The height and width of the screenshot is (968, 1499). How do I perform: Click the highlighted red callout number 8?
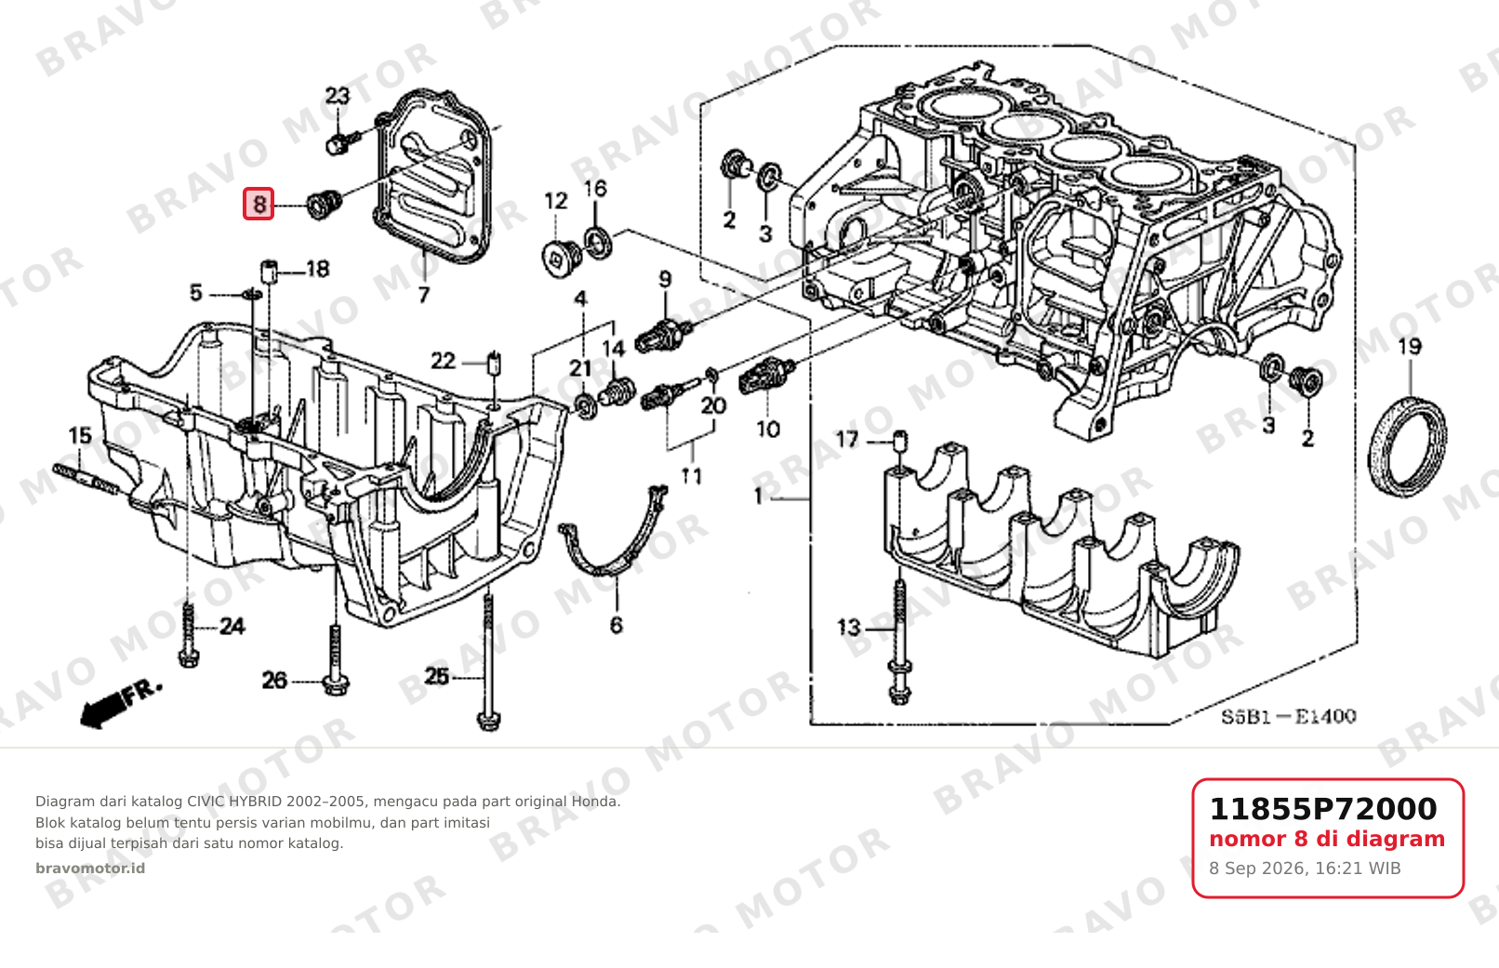[259, 204]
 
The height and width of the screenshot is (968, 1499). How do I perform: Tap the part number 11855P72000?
[1323, 809]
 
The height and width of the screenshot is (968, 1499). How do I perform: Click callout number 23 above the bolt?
[338, 97]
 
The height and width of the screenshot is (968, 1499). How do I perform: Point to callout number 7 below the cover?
[424, 295]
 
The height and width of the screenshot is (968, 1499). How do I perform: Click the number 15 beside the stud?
[80, 436]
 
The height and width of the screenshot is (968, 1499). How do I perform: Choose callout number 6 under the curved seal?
[617, 626]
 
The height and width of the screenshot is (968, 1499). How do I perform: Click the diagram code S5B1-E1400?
[1288, 717]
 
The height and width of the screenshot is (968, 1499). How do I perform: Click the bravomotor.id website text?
[90, 869]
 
